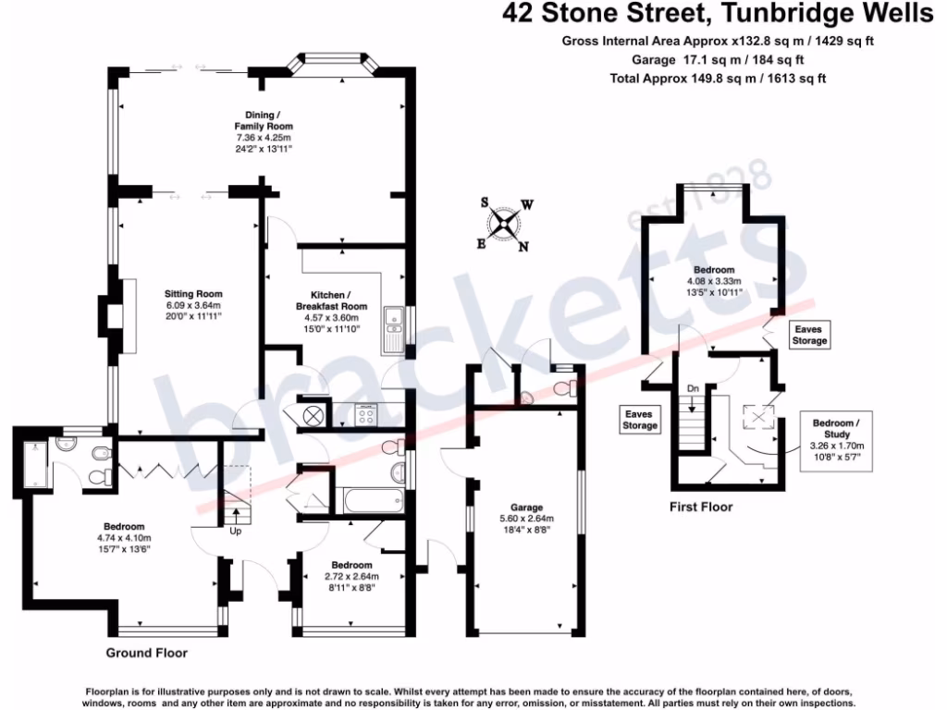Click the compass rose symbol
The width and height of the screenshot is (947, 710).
point(505,223)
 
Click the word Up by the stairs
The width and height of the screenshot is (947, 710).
point(236,532)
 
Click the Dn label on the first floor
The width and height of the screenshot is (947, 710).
point(692,388)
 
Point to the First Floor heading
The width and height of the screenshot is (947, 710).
point(701,507)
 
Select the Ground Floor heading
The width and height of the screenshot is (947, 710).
point(147,653)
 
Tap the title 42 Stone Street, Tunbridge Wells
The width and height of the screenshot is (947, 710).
point(718,14)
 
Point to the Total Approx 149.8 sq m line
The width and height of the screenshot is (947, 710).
point(718,79)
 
